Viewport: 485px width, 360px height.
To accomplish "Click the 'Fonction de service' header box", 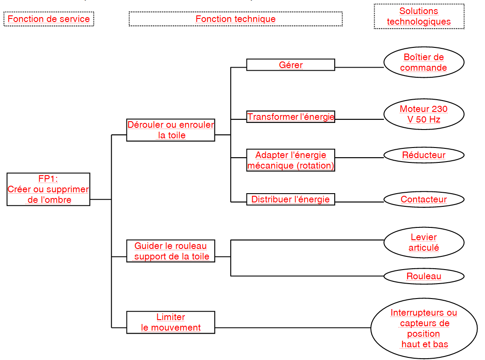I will point(49,19).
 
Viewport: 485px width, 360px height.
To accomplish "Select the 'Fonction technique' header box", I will point(235,19).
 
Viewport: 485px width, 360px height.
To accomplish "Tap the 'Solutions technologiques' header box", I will point(419,17).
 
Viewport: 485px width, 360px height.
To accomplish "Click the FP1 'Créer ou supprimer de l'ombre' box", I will point(48,189).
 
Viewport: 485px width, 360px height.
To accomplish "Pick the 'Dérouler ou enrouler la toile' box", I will point(170,130).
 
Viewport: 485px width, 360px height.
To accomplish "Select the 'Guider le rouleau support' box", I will point(170,251).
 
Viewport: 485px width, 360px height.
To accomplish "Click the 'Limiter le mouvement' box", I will point(170,322).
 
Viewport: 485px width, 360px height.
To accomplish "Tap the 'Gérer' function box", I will point(290,65).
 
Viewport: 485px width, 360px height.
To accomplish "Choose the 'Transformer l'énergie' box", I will point(290,117).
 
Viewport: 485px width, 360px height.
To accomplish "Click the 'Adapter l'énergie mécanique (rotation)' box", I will point(290,160).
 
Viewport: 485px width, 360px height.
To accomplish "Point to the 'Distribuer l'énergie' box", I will point(290,199).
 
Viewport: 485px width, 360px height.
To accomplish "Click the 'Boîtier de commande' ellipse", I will point(423,62).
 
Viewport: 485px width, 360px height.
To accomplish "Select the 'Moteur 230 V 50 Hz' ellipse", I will point(423,114).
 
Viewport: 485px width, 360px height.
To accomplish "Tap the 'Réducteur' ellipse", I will point(423,155).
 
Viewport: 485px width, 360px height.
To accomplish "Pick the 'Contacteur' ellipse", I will point(423,199).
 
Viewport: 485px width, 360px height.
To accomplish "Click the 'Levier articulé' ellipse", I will point(423,243).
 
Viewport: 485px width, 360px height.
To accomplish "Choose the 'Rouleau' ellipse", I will point(423,276).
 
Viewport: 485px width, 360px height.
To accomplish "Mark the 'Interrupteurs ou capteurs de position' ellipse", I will point(423,328).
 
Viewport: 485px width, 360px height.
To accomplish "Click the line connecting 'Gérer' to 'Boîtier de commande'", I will point(359,68).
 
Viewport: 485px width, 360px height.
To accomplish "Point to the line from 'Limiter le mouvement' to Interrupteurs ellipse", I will point(293,328).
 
